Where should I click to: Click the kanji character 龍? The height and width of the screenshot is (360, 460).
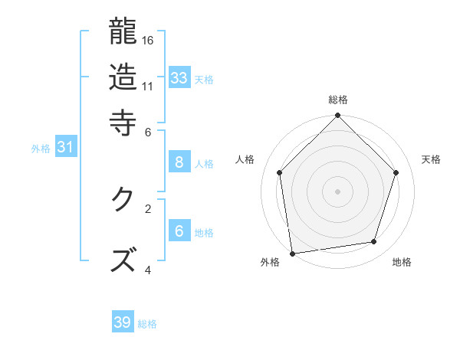coord(123,32)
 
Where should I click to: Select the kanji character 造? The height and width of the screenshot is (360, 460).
coord(123,77)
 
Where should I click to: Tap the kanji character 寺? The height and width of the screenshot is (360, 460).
coord(123,123)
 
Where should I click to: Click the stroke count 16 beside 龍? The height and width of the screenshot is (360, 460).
coord(149,40)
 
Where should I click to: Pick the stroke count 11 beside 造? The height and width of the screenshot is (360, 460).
coord(149,86)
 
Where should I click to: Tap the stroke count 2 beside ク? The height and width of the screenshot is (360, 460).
coord(147,208)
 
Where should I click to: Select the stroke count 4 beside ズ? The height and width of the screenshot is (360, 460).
coord(147,270)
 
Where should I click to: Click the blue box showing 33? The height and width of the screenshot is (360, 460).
coord(179,78)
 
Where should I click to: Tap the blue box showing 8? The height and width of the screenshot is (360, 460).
coord(179,162)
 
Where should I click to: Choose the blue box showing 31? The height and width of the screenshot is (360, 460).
coord(65,148)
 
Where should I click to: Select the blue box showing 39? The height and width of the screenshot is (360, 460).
coord(123,322)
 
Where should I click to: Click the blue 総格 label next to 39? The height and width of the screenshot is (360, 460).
coord(147,324)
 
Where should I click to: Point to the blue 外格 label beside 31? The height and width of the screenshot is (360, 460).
coord(41,149)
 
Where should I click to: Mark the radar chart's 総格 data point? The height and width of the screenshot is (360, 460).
coord(337,116)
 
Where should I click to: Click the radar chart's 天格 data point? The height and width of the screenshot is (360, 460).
coord(396,172)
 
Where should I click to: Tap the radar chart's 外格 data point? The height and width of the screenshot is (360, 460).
coord(292,253)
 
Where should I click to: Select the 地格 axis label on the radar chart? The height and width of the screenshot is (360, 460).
coord(402,263)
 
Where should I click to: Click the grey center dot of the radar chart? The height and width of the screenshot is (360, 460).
coord(337,191)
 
